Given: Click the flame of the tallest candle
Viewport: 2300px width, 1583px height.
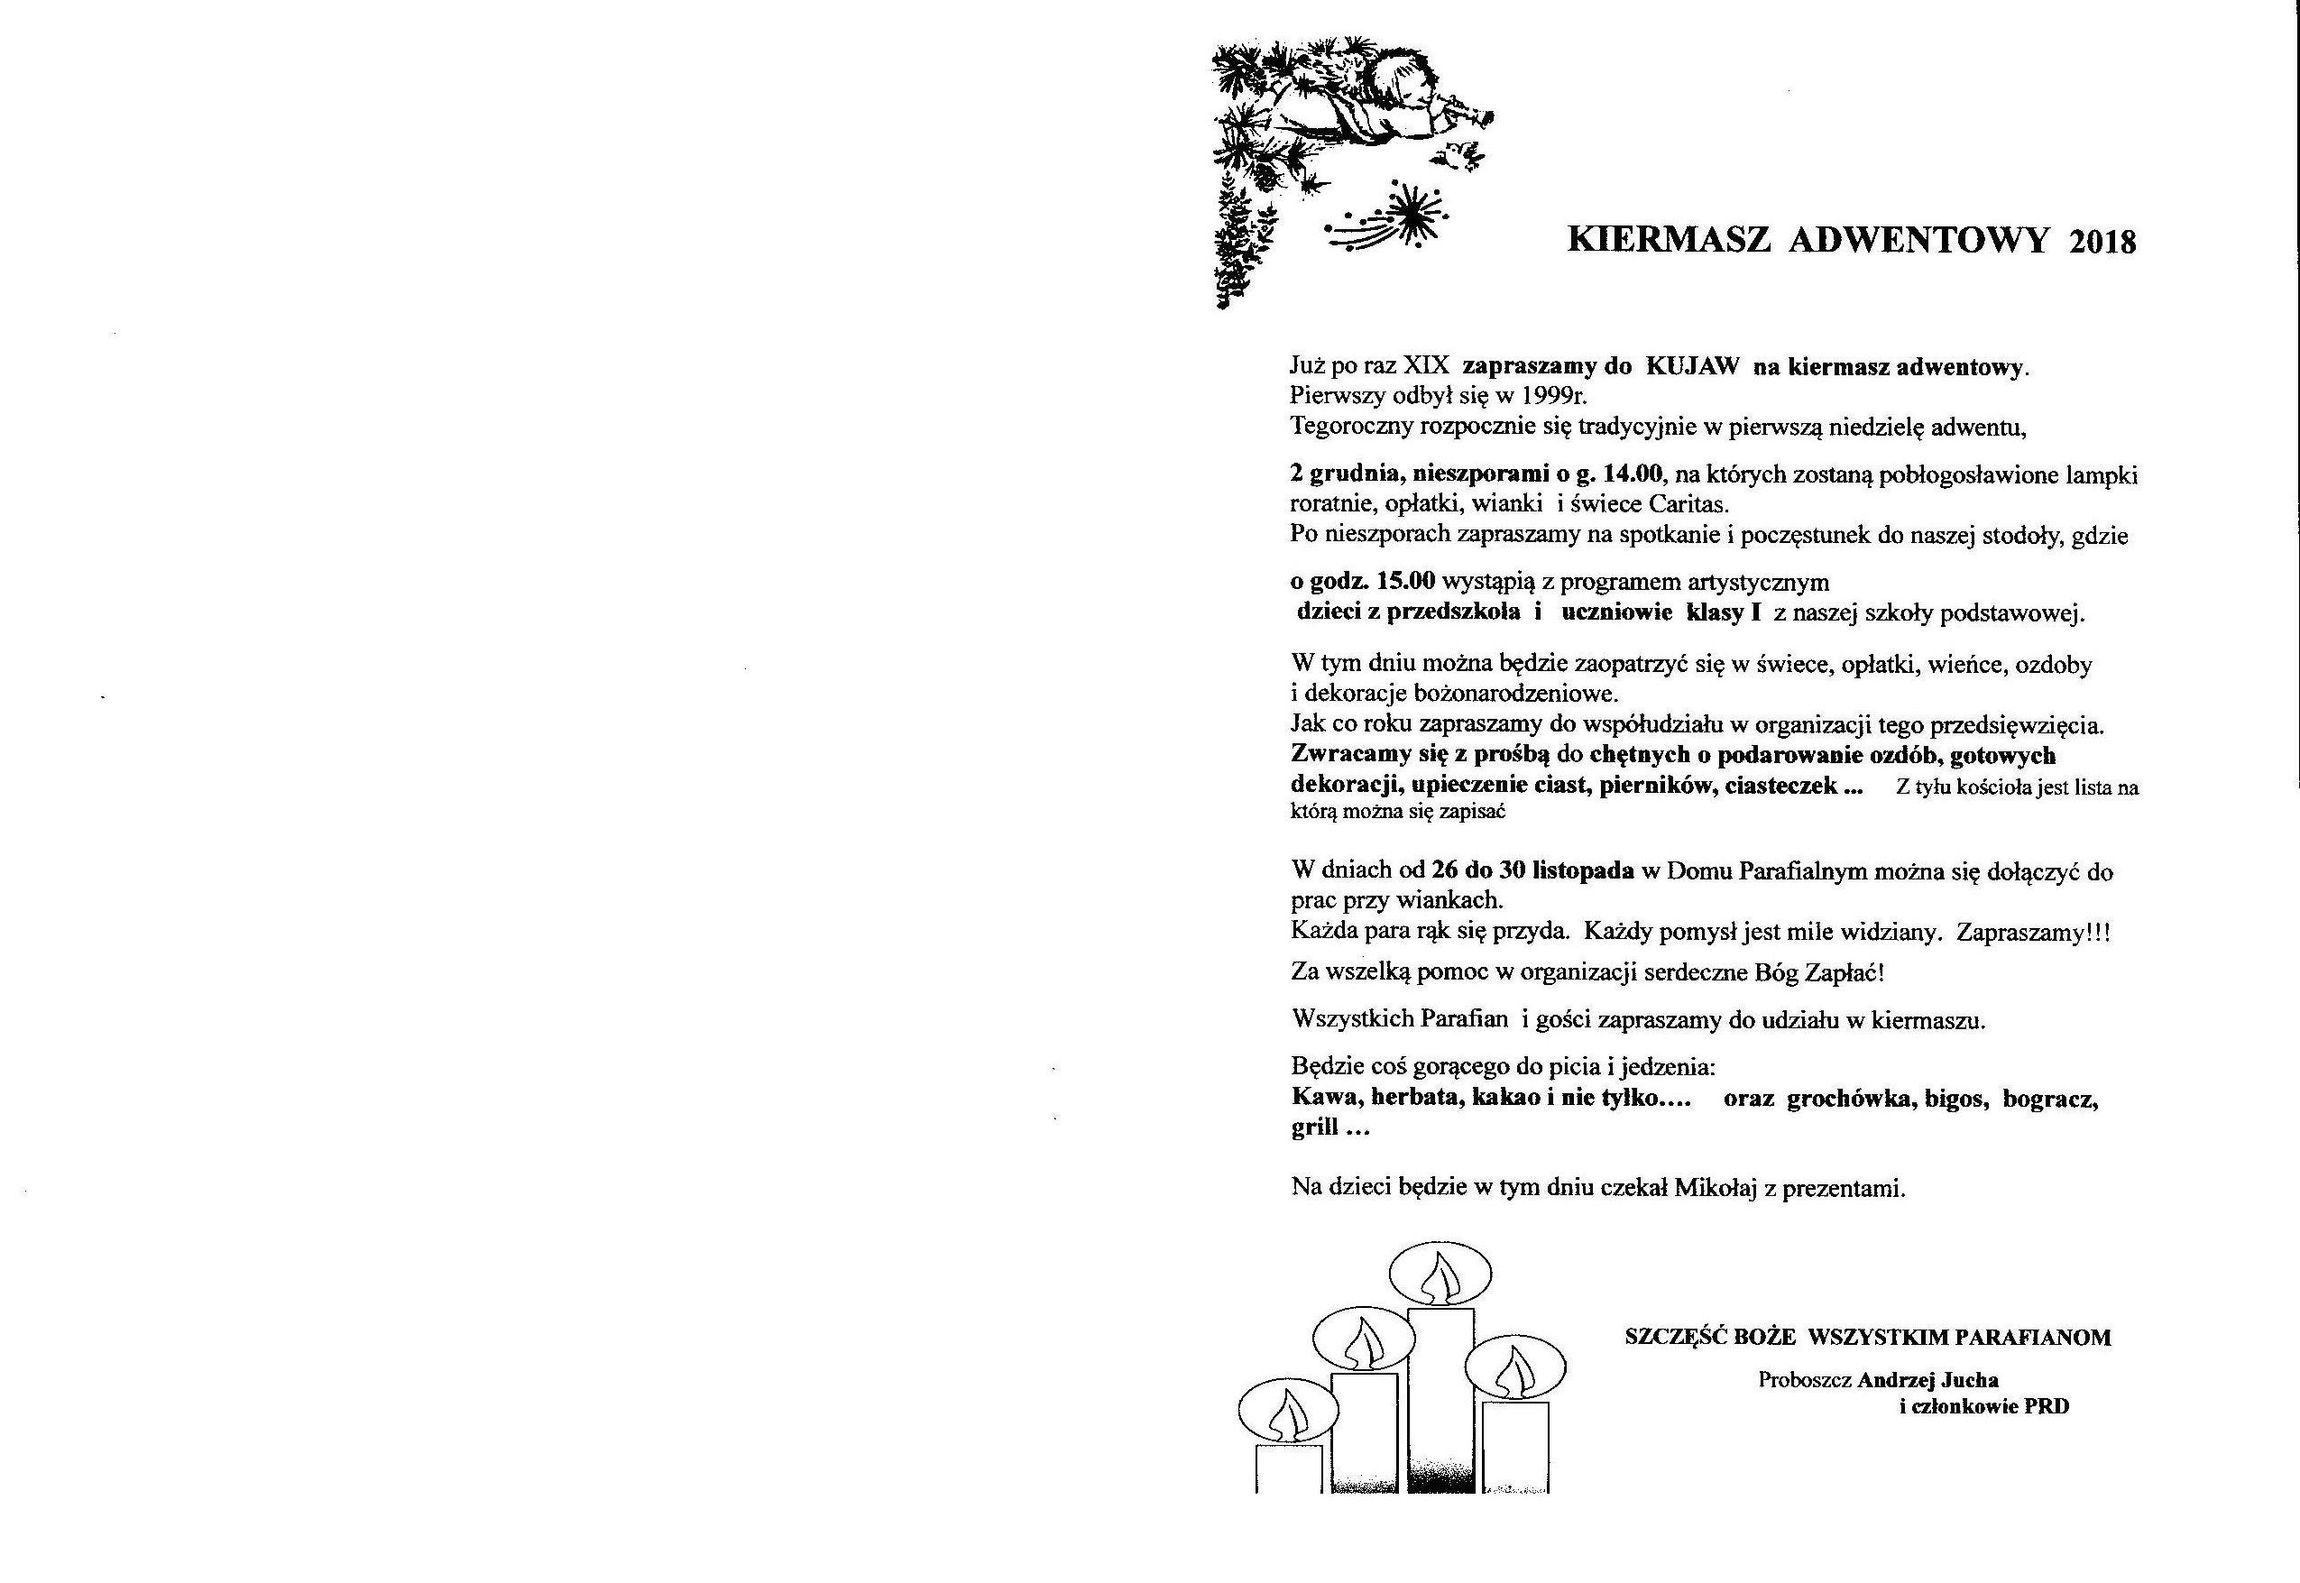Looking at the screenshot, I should pyautogui.click(x=1440, y=1280).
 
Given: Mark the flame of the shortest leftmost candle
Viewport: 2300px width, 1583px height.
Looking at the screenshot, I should pyautogui.click(x=1285, y=1414).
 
